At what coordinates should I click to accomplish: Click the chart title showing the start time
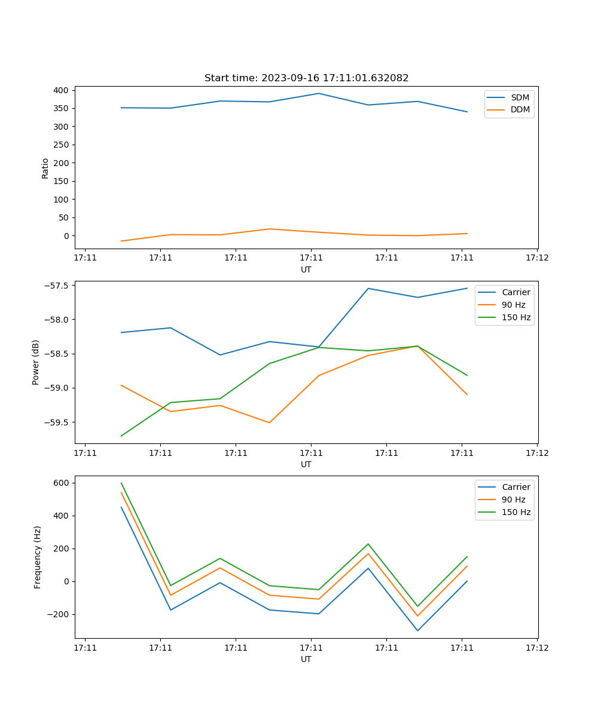point(306,78)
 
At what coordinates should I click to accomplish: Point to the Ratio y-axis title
point(45,168)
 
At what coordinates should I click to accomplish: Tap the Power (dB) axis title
point(36,362)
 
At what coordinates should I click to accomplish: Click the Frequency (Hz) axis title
point(38,557)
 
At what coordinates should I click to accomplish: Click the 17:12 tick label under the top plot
point(536,258)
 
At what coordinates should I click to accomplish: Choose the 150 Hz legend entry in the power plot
point(516,317)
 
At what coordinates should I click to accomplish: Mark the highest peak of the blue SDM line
point(319,93)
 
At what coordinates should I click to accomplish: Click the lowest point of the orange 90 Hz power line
point(269,422)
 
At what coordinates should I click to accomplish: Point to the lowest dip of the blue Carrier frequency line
point(417,630)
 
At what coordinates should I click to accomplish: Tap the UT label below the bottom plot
point(306,659)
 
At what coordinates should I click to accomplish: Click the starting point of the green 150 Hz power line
point(121,436)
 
